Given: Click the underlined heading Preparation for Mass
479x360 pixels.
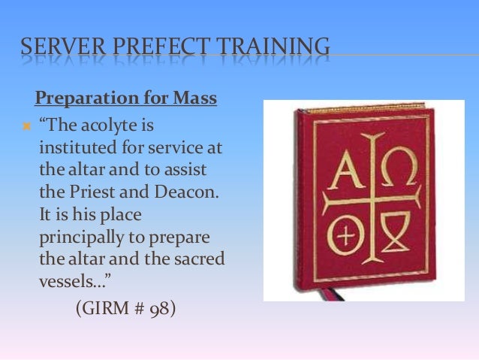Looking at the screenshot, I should coord(126,99).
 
